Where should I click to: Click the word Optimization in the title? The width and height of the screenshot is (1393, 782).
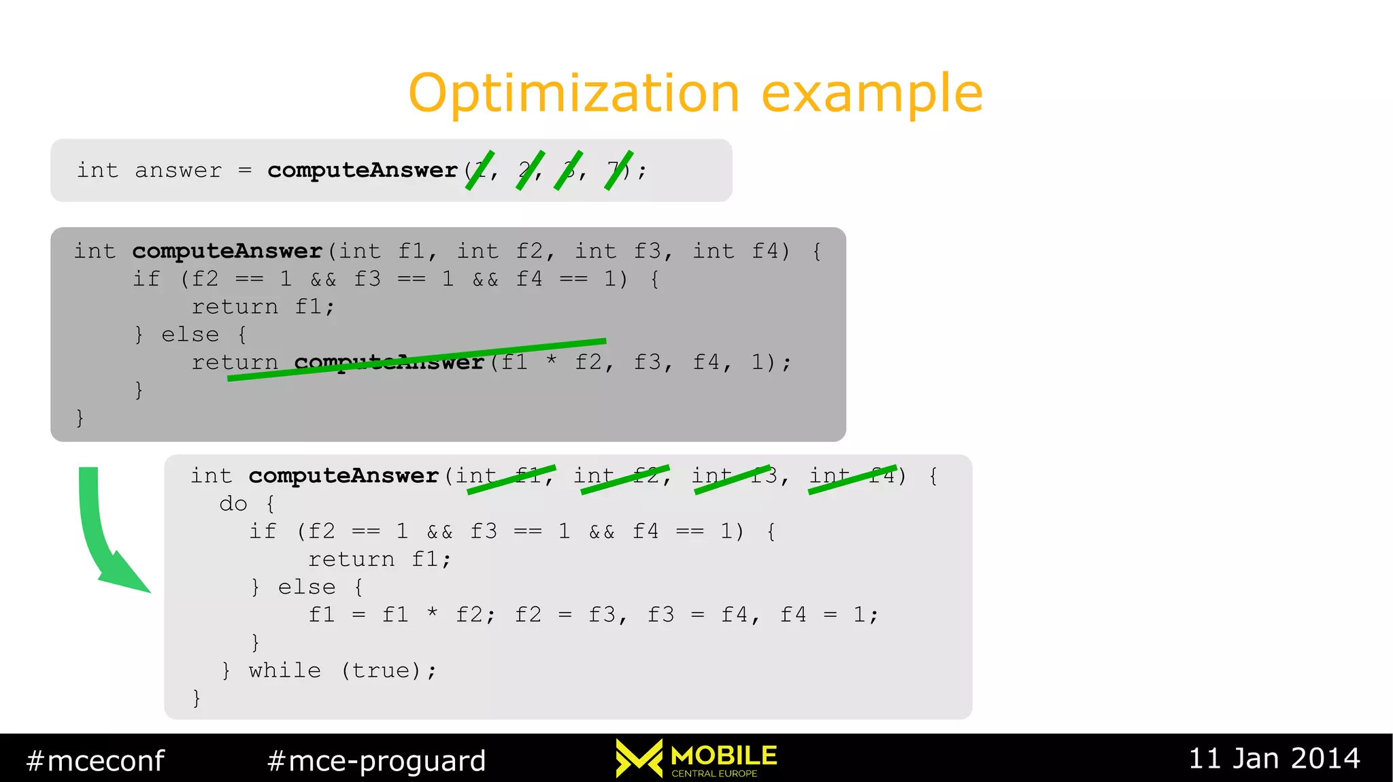coord(573,94)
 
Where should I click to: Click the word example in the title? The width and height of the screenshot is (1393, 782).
coord(872,94)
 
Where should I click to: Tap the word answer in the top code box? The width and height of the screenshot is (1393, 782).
coord(178,170)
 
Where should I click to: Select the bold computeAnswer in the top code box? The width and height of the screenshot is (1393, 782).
coord(362,170)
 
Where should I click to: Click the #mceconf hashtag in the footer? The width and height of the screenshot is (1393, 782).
coord(95,760)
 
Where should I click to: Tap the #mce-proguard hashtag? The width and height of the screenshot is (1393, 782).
coord(377,760)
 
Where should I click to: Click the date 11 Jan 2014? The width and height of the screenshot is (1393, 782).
coord(1274,758)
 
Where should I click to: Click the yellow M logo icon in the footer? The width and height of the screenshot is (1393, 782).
coord(639,758)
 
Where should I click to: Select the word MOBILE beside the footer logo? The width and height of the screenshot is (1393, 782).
coord(724,755)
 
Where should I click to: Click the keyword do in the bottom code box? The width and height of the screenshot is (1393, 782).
coord(233,504)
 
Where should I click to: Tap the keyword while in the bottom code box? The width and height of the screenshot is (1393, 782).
coord(284,670)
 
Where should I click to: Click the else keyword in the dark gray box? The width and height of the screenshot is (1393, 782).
coord(190,335)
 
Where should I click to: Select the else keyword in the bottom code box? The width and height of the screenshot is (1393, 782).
coord(307,587)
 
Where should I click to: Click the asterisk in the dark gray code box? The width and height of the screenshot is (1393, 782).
coord(552,360)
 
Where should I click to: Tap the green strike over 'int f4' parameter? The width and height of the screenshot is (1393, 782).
coord(853,479)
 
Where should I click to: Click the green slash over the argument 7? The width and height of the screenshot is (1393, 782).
coord(619,170)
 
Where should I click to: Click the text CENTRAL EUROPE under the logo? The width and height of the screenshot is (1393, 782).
coord(714,773)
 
